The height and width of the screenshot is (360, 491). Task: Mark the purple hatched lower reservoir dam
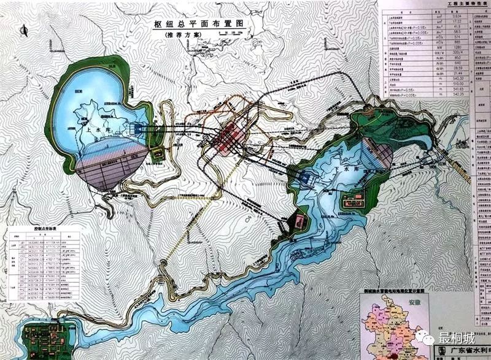(x=375, y=153)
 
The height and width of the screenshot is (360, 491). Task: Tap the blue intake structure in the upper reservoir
(x=139, y=129)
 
